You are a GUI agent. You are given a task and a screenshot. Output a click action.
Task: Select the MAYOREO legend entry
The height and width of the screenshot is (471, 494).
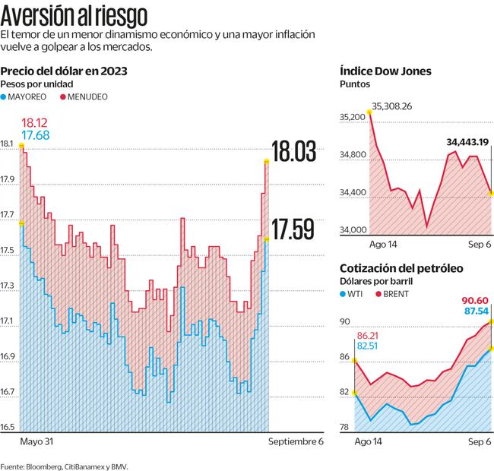tap(30, 97)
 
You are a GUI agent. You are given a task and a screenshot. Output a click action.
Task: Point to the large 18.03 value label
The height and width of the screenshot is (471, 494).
tap(294, 152)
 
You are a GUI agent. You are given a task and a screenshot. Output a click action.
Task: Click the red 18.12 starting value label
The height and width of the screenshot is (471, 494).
tap(35, 122)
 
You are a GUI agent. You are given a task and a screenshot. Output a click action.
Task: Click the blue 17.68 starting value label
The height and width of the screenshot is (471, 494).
tap(35, 135)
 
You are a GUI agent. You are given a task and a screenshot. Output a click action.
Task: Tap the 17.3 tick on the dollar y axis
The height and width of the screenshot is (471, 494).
tap(8, 286)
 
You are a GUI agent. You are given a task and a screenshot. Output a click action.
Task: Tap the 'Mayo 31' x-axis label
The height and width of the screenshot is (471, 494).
tap(36, 441)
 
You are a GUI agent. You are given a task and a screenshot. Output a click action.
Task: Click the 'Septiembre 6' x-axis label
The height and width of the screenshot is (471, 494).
tap(296, 441)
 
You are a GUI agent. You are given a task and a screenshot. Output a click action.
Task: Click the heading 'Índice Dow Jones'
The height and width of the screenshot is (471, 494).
tap(385, 71)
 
